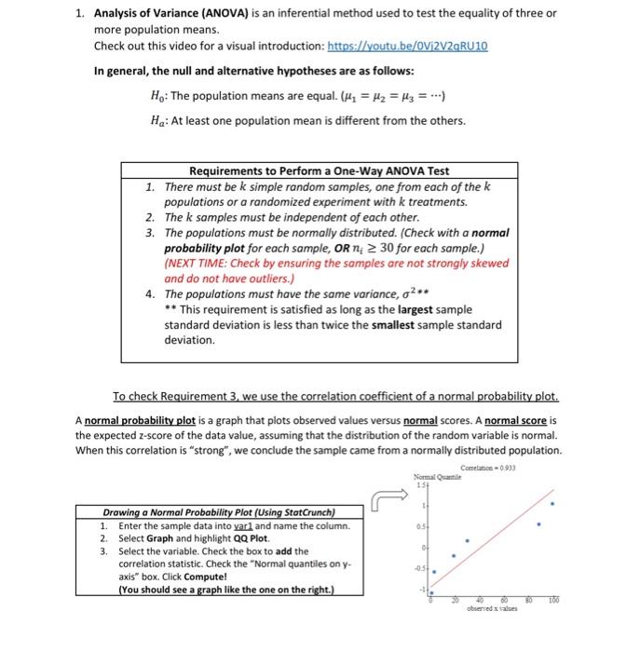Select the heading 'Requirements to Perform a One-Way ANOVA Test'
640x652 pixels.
click(x=319, y=171)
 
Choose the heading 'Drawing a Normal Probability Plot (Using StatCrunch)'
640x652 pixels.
click(x=219, y=511)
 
